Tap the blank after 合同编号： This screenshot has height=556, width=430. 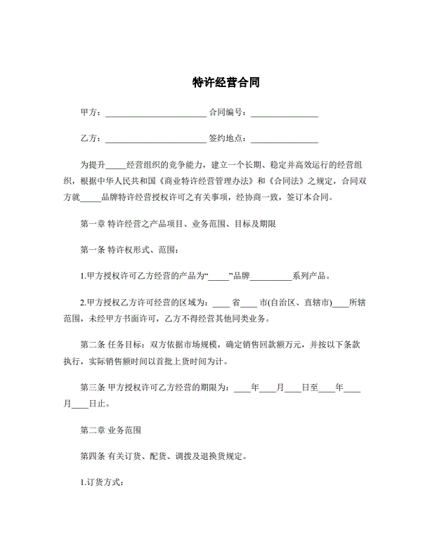285,113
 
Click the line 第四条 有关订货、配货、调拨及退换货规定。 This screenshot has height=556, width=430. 163,456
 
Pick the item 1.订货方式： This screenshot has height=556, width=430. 103,482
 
